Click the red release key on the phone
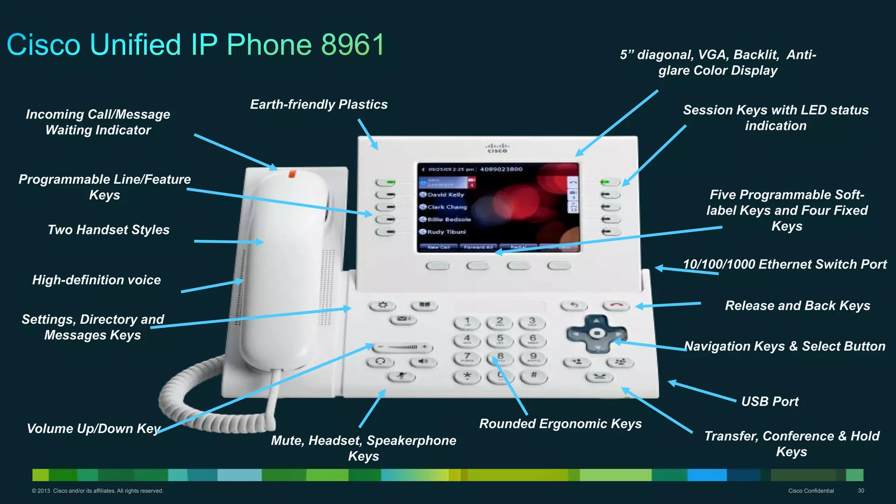pyautogui.click(x=616, y=305)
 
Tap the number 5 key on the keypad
pyautogui.click(x=500, y=340)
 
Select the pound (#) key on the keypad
pyautogui.click(x=533, y=375)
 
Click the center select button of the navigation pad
pyautogui.click(x=597, y=333)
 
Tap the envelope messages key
pyautogui.click(x=402, y=319)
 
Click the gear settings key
pyautogui.click(x=382, y=305)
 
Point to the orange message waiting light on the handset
pyautogui.click(x=292, y=174)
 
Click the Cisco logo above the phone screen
pyautogui.click(x=497, y=148)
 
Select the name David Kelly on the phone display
pyautogui.click(x=445, y=195)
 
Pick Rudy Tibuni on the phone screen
pyautogui.click(x=446, y=232)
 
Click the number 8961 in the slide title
pyautogui.click(x=353, y=45)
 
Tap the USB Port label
pyautogui.click(x=770, y=401)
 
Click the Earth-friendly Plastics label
pyautogui.click(x=318, y=105)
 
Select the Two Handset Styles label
pyautogui.click(x=108, y=230)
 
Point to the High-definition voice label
pyautogui.click(x=97, y=280)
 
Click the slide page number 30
pyautogui.click(x=861, y=490)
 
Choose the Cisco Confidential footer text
pyautogui.click(x=811, y=490)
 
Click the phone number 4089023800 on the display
pyautogui.click(x=501, y=169)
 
